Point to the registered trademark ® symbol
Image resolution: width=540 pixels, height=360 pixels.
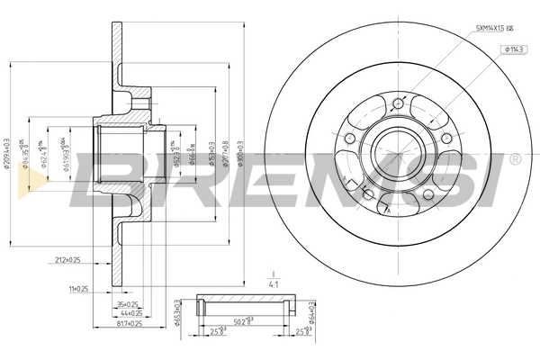(x=515, y=159)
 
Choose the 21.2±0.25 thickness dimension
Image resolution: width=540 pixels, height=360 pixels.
(x=67, y=261)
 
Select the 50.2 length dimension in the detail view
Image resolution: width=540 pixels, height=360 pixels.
(x=241, y=320)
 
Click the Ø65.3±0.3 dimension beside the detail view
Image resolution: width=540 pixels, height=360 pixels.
(x=176, y=313)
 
